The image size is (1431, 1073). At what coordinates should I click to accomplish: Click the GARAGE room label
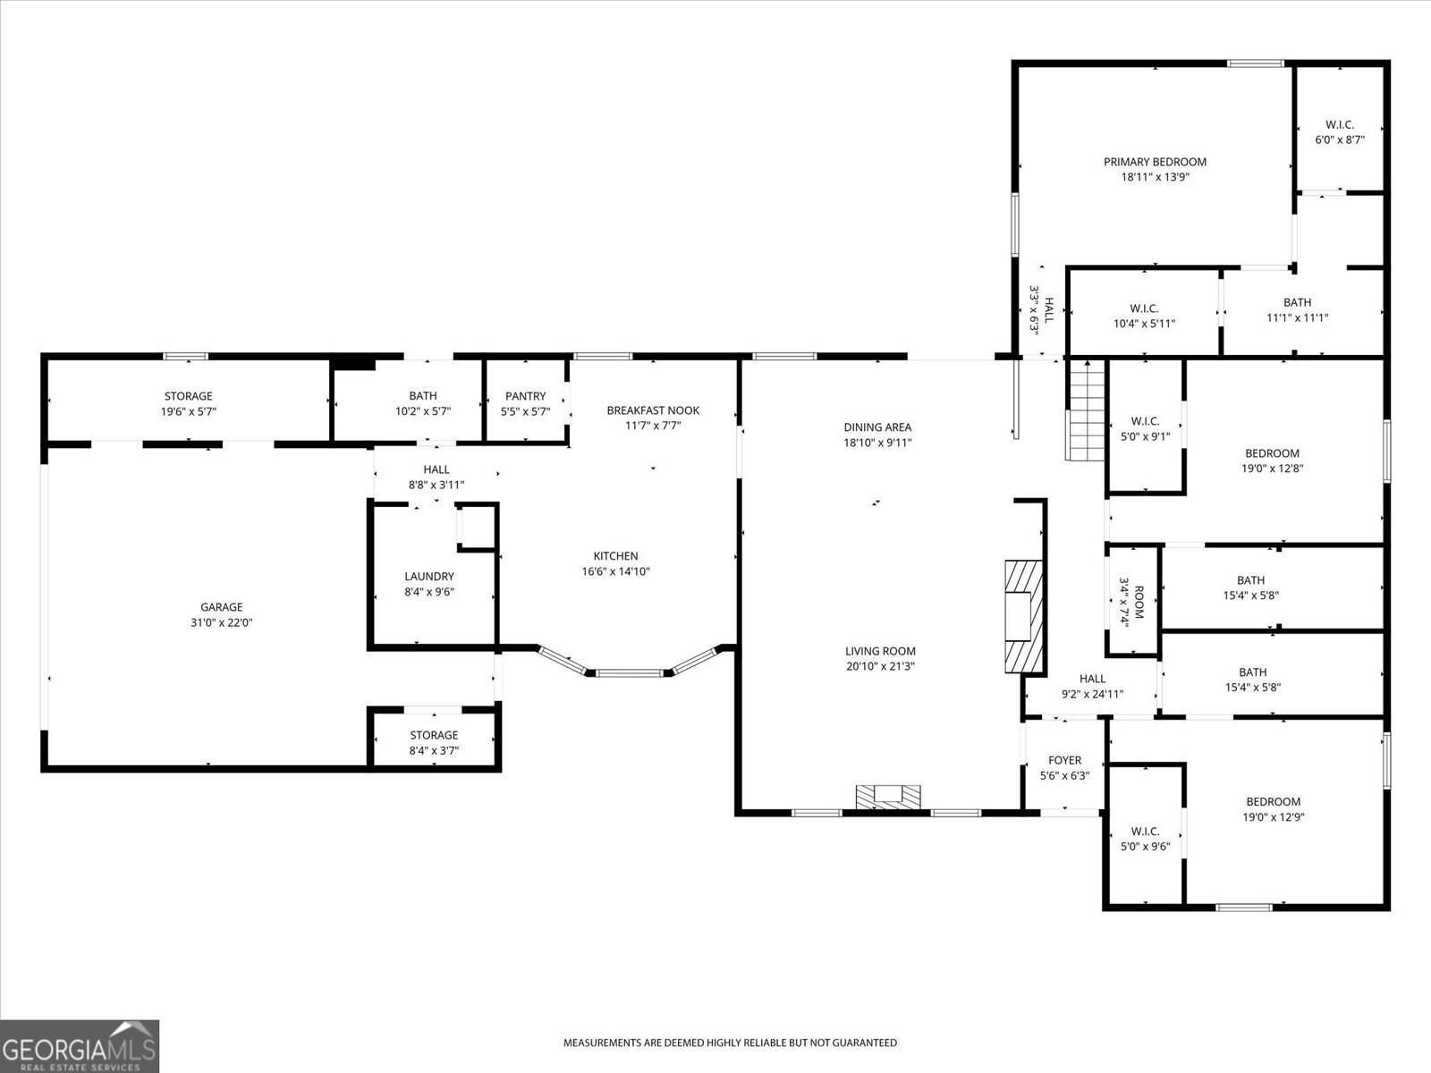tap(221, 607)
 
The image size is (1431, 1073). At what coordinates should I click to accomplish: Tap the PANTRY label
tap(525, 396)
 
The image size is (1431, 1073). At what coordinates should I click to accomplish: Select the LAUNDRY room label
tap(429, 577)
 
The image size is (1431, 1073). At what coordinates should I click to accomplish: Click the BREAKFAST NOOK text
tap(653, 410)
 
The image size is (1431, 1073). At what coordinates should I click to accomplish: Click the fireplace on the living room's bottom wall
tap(888, 796)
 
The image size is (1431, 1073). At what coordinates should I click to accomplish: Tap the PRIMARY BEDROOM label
tap(1155, 162)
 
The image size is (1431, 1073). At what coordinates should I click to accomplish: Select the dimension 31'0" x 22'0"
tap(221, 622)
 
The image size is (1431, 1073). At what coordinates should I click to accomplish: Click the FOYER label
tap(1064, 760)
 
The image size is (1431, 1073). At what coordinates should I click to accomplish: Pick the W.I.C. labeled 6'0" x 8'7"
tap(1339, 132)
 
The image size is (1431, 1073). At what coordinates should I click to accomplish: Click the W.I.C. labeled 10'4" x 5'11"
tap(1144, 316)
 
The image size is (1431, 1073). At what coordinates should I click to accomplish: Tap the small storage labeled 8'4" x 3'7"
tap(434, 742)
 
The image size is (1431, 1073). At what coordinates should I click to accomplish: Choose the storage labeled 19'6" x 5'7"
tap(188, 403)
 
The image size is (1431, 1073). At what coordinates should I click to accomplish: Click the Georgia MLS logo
tap(80, 1045)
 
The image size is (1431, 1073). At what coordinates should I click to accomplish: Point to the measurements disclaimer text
tap(730, 1043)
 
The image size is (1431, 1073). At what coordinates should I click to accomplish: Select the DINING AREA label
tap(877, 427)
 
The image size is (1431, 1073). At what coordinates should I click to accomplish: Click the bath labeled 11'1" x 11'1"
tap(1297, 309)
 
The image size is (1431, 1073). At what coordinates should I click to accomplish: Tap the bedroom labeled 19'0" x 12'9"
tap(1272, 808)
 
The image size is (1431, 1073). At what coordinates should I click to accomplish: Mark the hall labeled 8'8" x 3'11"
tap(436, 477)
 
